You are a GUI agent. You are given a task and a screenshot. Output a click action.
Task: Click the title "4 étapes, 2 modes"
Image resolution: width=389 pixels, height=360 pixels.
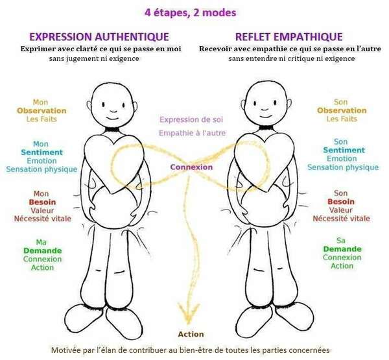pos(193,11)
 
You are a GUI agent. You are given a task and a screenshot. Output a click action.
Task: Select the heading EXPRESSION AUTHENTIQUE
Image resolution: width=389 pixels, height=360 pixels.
pos(99,37)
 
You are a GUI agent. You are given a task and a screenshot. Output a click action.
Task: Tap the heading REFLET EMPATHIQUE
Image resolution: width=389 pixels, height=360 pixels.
pos(281,37)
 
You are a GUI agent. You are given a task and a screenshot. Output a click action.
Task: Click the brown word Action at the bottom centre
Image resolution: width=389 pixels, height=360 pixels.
pos(191,334)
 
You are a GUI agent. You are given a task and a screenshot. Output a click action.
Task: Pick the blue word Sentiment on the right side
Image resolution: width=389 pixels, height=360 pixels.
pos(341,150)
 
